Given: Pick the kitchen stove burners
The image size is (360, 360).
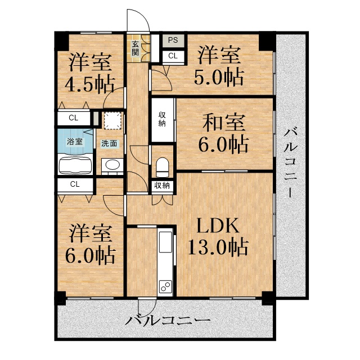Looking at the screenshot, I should point(166,286).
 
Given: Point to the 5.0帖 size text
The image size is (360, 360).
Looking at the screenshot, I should point(219,77).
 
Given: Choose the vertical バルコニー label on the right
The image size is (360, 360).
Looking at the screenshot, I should point(290,163).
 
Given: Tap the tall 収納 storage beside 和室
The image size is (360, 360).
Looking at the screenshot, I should point(162,120).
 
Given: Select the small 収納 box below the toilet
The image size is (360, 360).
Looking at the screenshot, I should point(162,186).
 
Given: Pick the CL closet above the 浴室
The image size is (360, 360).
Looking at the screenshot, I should point(74,118).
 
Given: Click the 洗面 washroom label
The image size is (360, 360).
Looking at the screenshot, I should point(109,143).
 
